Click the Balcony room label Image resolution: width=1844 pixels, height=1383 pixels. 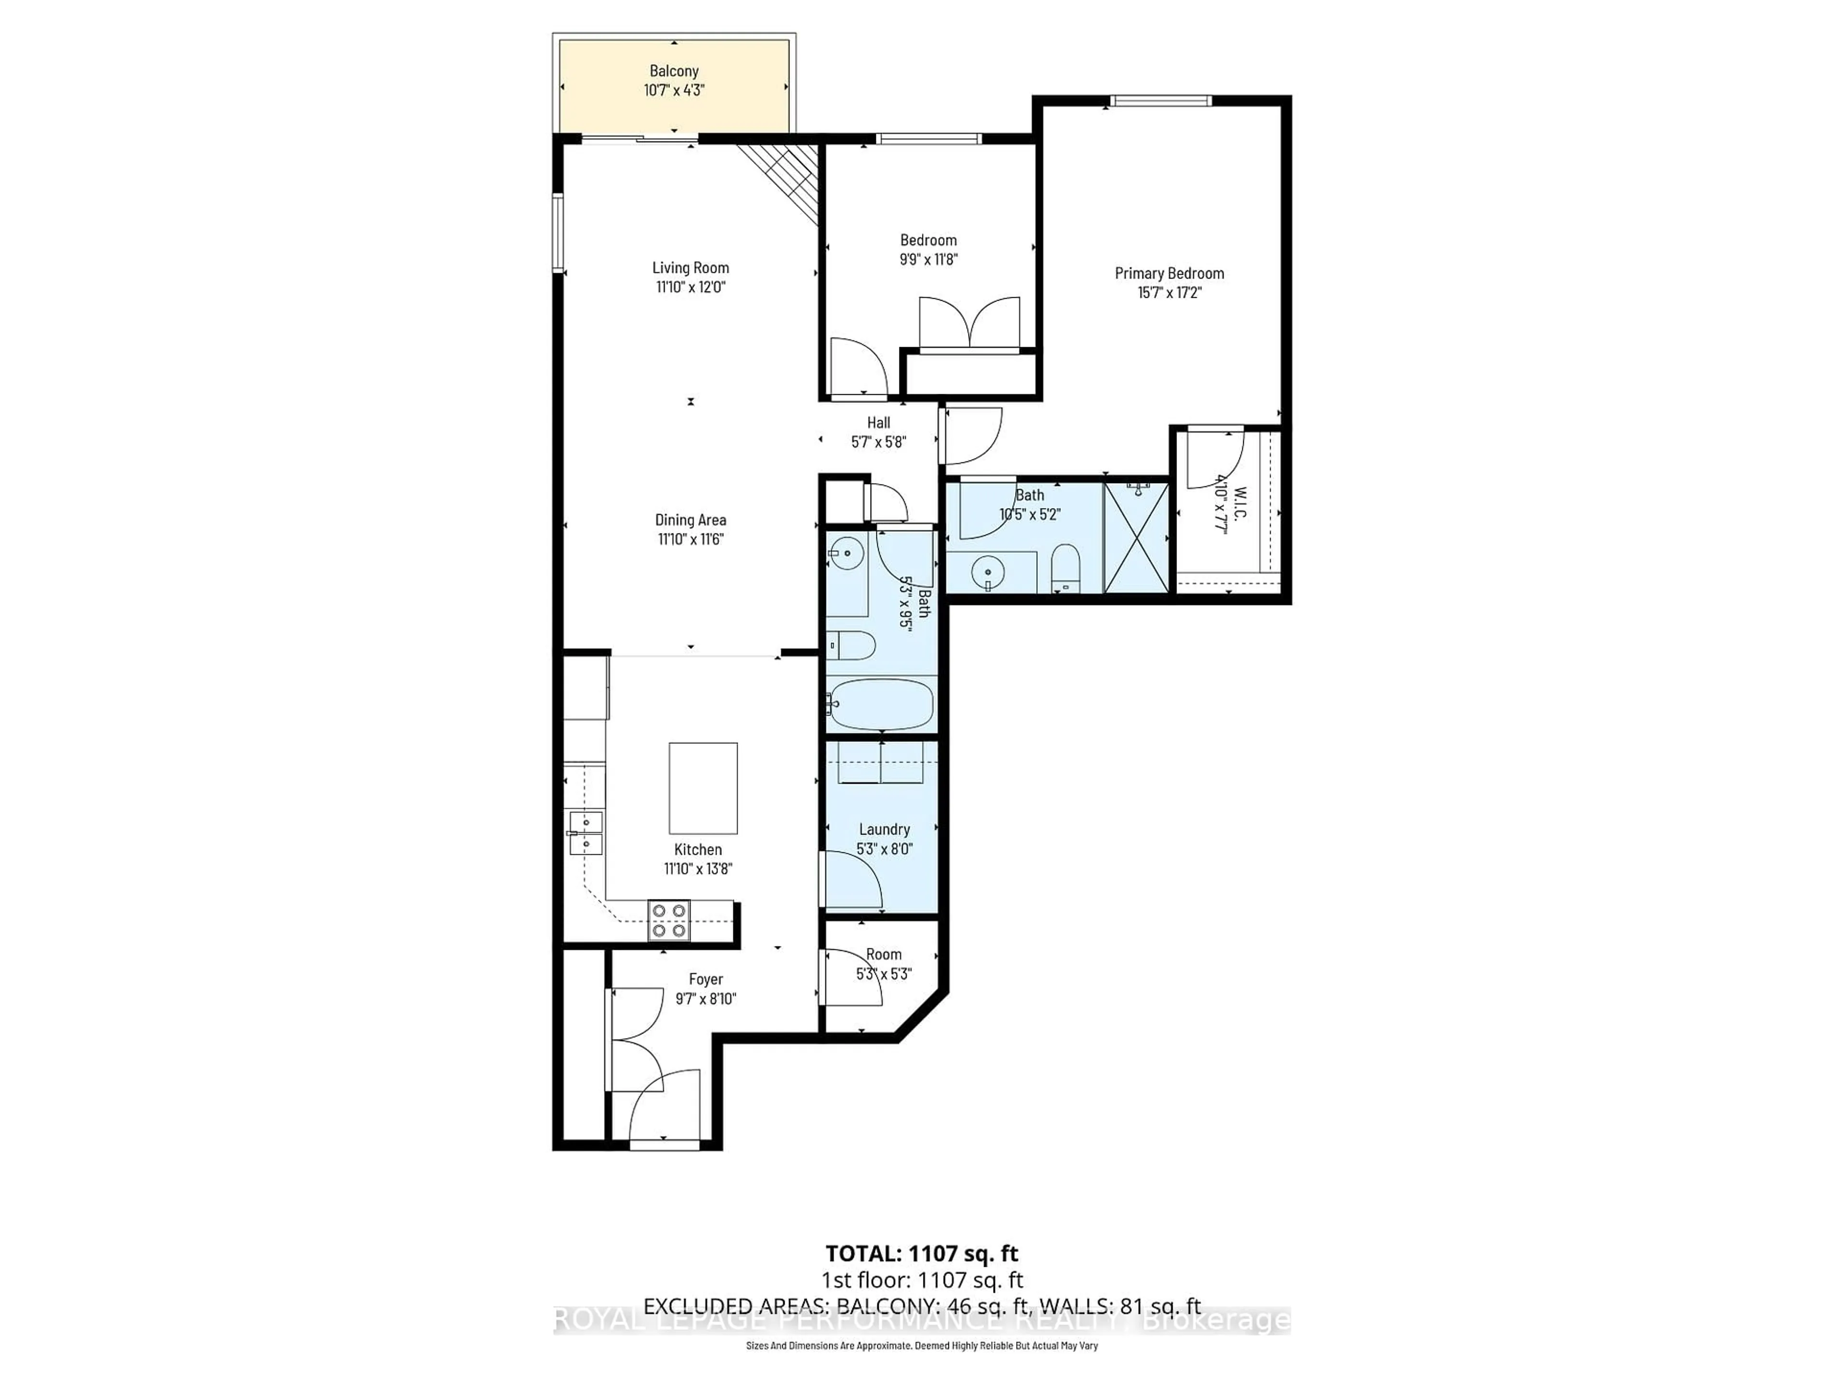pos(674,72)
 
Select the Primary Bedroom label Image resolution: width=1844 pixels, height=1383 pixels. pos(1169,273)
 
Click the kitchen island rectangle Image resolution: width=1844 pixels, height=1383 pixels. pos(703,788)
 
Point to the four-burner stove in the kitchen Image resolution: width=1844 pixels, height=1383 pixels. pos(669,921)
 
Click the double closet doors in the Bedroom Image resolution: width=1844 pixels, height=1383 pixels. pos(969,324)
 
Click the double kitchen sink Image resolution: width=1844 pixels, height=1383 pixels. pos(585,833)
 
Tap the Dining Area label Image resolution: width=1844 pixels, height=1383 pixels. pos(690,520)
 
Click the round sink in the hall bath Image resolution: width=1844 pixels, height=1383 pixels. pos(847,552)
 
